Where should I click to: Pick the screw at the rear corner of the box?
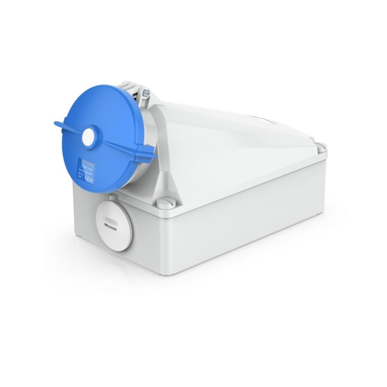tap(320, 146)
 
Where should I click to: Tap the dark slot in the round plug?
tap(110, 227)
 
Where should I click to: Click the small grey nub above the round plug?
tap(113, 197)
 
